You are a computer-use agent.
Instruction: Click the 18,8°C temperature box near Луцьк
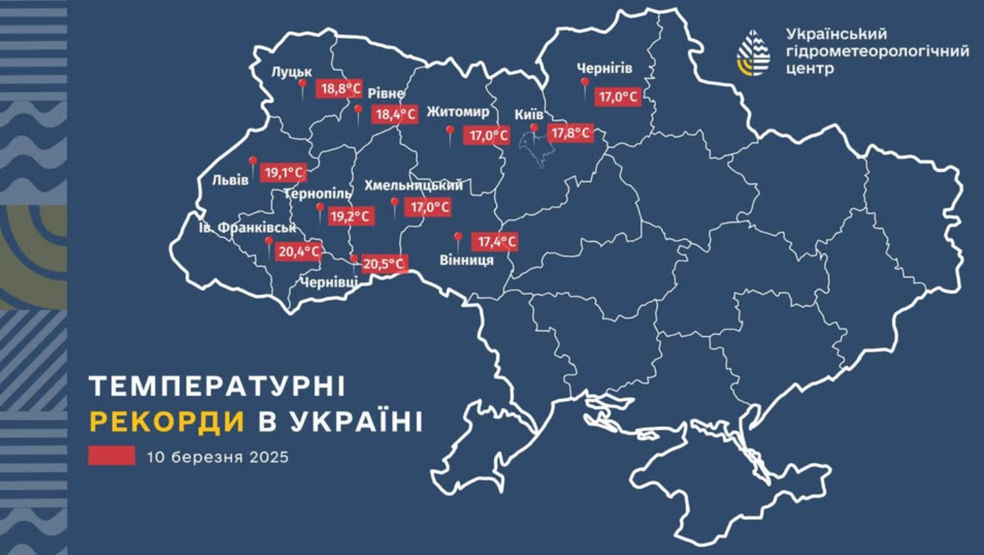(x=339, y=89)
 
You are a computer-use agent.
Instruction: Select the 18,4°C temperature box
(x=395, y=115)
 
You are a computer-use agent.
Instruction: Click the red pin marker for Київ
(x=534, y=130)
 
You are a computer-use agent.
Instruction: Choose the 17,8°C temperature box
(x=569, y=133)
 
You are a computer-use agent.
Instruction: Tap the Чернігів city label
(x=604, y=69)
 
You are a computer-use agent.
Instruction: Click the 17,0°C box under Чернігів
(x=619, y=97)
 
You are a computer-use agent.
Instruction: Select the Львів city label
(x=230, y=181)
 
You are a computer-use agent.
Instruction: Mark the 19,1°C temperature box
(x=283, y=173)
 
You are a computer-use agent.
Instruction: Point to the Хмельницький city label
(x=413, y=186)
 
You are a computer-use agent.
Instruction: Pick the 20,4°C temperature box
(x=299, y=252)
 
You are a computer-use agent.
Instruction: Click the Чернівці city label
(x=329, y=281)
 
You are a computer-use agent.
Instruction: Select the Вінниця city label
(x=466, y=260)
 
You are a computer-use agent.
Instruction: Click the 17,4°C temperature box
(x=494, y=242)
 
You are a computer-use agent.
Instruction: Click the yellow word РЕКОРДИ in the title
(x=167, y=422)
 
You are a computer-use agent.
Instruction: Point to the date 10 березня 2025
(x=217, y=457)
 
